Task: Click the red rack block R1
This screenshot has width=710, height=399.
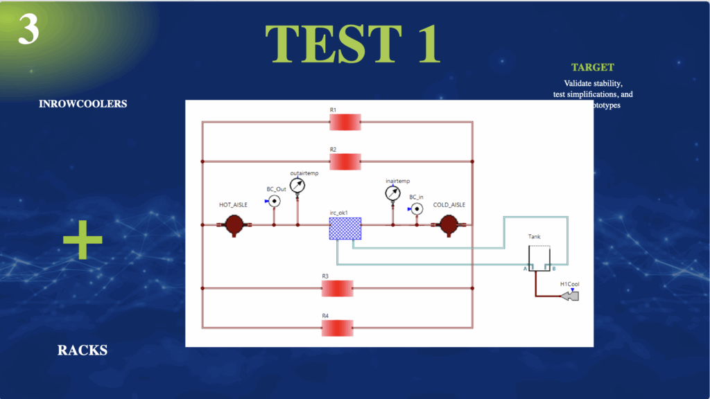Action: [345, 123]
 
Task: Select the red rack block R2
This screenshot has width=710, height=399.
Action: [345, 162]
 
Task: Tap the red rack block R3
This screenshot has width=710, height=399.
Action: [337, 288]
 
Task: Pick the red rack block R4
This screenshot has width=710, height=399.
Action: [337, 328]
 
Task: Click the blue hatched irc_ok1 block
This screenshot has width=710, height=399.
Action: [345, 229]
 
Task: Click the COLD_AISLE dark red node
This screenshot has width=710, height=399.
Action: [449, 224]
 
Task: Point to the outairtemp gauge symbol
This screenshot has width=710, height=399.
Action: [297, 185]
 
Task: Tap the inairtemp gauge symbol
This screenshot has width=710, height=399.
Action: [393, 193]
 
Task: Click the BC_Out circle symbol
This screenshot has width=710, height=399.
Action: [274, 202]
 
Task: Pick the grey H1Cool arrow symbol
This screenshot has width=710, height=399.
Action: [570, 296]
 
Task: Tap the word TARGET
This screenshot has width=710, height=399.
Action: [592, 67]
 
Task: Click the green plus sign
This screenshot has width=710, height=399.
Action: [83, 240]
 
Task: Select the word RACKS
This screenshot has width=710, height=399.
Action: [83, 350]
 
